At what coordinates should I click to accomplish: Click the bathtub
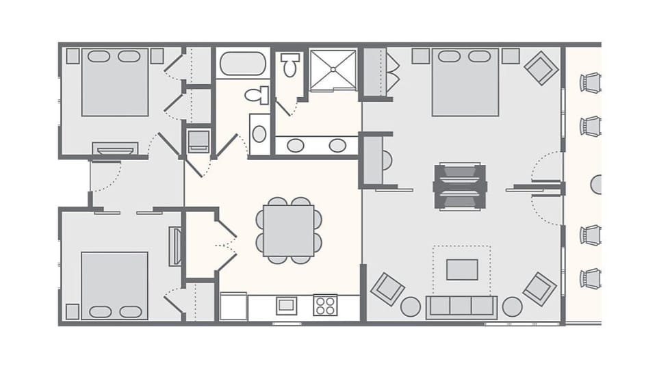242,64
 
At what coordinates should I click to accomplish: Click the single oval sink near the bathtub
259,133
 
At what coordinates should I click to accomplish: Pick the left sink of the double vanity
296,145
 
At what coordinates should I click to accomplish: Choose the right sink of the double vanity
337,145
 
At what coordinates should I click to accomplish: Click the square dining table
289,231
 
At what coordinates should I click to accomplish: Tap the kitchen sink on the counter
286,305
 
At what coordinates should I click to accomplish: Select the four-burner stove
325,305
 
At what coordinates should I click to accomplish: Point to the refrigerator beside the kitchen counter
233,306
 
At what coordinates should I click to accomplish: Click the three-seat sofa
461,306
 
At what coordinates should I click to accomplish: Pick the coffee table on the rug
462,269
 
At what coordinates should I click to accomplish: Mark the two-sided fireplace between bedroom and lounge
460,186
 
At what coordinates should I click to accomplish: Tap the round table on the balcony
597,185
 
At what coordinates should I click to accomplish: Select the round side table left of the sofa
411,306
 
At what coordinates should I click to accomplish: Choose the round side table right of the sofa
512,306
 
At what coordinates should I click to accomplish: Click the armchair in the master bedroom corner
541,68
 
